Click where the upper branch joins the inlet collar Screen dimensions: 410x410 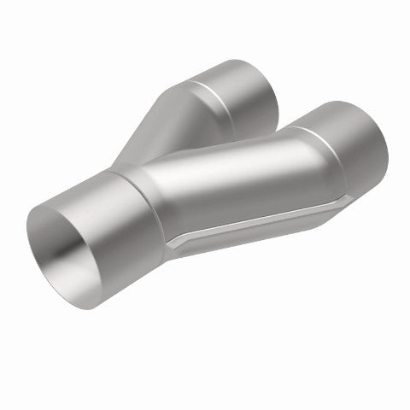[x=128, y=162]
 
